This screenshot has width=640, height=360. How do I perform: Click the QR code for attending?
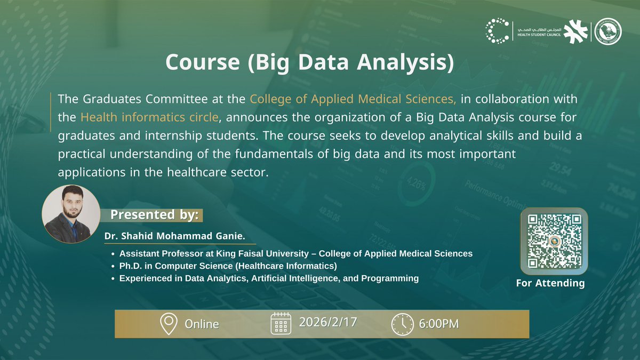[x=554, y=241]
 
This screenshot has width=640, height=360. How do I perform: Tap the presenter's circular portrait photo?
[x=71, y=214]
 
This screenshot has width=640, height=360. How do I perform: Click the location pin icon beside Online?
[x=169, y=324]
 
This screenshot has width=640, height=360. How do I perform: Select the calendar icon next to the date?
[x=281, y=323]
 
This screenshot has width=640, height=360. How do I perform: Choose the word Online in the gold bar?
[x=202, y=324]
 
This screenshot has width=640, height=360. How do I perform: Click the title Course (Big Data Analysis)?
[x=309, y=62]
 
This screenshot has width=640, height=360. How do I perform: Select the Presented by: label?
[x=154, y=215]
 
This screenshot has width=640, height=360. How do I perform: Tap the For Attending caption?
[x=550, y=283]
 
